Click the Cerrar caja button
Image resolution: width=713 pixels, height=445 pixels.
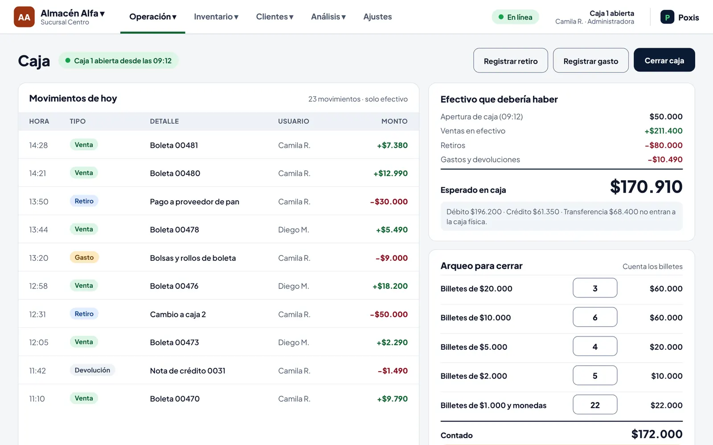pyautogui.click(x=664, y=60)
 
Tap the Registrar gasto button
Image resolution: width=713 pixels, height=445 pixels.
pyautogui.click(x=590, y=61)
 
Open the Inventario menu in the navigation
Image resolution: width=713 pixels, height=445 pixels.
pyautogui.click(x=216, y=16)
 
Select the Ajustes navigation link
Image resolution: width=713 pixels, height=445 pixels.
pyautogui.click(x=377, y=16)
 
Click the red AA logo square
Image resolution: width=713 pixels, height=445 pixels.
pyautogui.click(x=24, y=17)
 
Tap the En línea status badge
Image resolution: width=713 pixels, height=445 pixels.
pyautogui.click(x=515, y=17)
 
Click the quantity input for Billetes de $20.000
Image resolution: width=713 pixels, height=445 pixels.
pyautogui.click(x=595, y=288)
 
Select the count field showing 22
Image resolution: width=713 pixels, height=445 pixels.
pyautogui.click(x=595, y=405)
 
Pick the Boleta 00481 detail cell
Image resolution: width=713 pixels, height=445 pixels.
pyautogui.click(x=174, y=145)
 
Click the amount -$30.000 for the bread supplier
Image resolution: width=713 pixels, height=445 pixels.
pyautogui.click(x=389, y=202)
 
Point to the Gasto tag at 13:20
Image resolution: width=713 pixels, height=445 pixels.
pyautogui.click(x=84, y=257)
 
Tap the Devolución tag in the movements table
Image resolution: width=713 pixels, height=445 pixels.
pyautogui.click(x=92, y=370)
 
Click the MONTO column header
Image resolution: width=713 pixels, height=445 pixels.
pyautogui.click(x=394, y=121)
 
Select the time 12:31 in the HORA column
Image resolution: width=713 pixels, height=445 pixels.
pyautogui.click(x=37, y=314)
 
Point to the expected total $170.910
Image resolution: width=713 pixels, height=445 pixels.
pyautogui.click(x=646, y=186)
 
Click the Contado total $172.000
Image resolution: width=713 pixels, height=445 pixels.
pyautogui.click(x=657, y=434)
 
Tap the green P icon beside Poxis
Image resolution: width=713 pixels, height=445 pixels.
pyautogui.click(x=667, y=17)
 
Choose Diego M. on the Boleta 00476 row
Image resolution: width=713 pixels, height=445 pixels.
pyautogui.click(x=294, y=286)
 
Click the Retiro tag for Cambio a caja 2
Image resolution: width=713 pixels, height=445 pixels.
pyautogui.click(x=84, y=314)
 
